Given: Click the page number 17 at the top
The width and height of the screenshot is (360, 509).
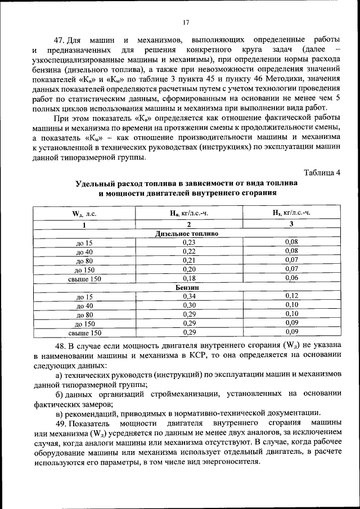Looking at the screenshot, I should [x=186, y=22].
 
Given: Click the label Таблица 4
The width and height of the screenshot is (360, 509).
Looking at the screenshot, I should [x=322, y=172].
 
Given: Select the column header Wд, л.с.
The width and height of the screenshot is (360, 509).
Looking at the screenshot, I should [x=84, y=214].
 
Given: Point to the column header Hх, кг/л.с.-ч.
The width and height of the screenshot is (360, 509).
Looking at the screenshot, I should [x=291, y=213].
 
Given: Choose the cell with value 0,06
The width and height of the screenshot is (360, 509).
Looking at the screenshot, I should [x=291, y=278].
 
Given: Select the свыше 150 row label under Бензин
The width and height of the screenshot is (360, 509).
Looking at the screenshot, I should [x=84, y=333].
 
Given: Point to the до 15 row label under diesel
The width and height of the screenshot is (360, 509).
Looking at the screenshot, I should [x=84, y=242].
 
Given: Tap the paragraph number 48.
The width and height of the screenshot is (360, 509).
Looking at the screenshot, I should [x=60, y=345].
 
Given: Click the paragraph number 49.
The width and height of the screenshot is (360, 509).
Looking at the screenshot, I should [x=60, y=422].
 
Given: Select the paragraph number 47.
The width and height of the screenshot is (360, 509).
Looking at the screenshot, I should [x=60, y=40].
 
